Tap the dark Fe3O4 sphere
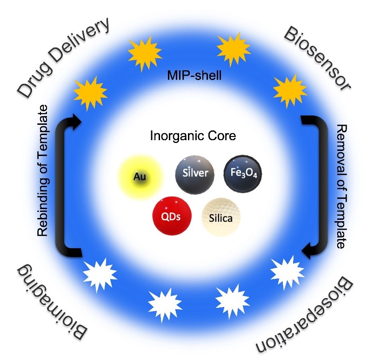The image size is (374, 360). (241, 174)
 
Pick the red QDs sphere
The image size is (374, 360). (171, 216)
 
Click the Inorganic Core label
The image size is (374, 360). (193, 136)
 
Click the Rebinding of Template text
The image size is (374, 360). (43, 171)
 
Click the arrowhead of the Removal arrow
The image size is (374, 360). (306, 252)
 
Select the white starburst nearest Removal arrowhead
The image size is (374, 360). (284, 270)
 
